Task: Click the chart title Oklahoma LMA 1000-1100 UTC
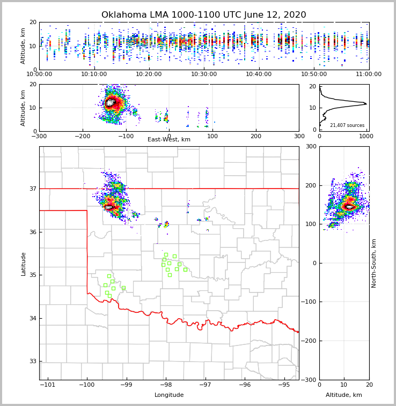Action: tap(203, 15)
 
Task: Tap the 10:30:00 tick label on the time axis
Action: tap(204, 74)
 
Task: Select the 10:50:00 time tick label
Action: tap(314, 74)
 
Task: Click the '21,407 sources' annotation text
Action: tap(347, 125)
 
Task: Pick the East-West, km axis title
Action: tap(169, 140)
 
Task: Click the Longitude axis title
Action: tap(169, 395)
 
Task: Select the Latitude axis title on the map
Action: tap(23, 264)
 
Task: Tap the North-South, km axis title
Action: tap(374, 263)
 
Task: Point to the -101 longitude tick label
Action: tap(48, 385)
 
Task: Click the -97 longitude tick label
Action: tap(206, 385)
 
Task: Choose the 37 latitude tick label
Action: tap(32, 189)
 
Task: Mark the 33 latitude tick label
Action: tap(32, 362)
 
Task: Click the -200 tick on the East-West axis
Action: tap(82, 136)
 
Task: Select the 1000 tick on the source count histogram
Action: tap(366, 136)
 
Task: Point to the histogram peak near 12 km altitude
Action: tap(365, 103)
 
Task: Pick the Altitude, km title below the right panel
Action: tap(344, 395)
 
